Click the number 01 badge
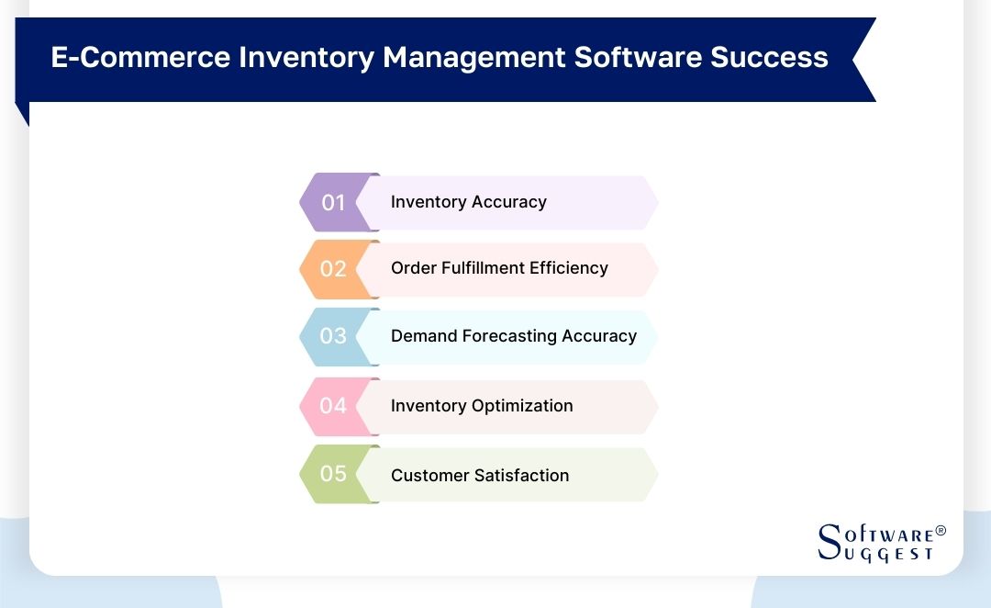pos(332,202)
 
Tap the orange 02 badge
pos(332,269)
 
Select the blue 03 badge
pos(332,336)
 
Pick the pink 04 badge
pos(332,405)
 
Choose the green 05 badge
pos(332,474)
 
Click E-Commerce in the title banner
pos(139,58)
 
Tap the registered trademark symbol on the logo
pos(940,532)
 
